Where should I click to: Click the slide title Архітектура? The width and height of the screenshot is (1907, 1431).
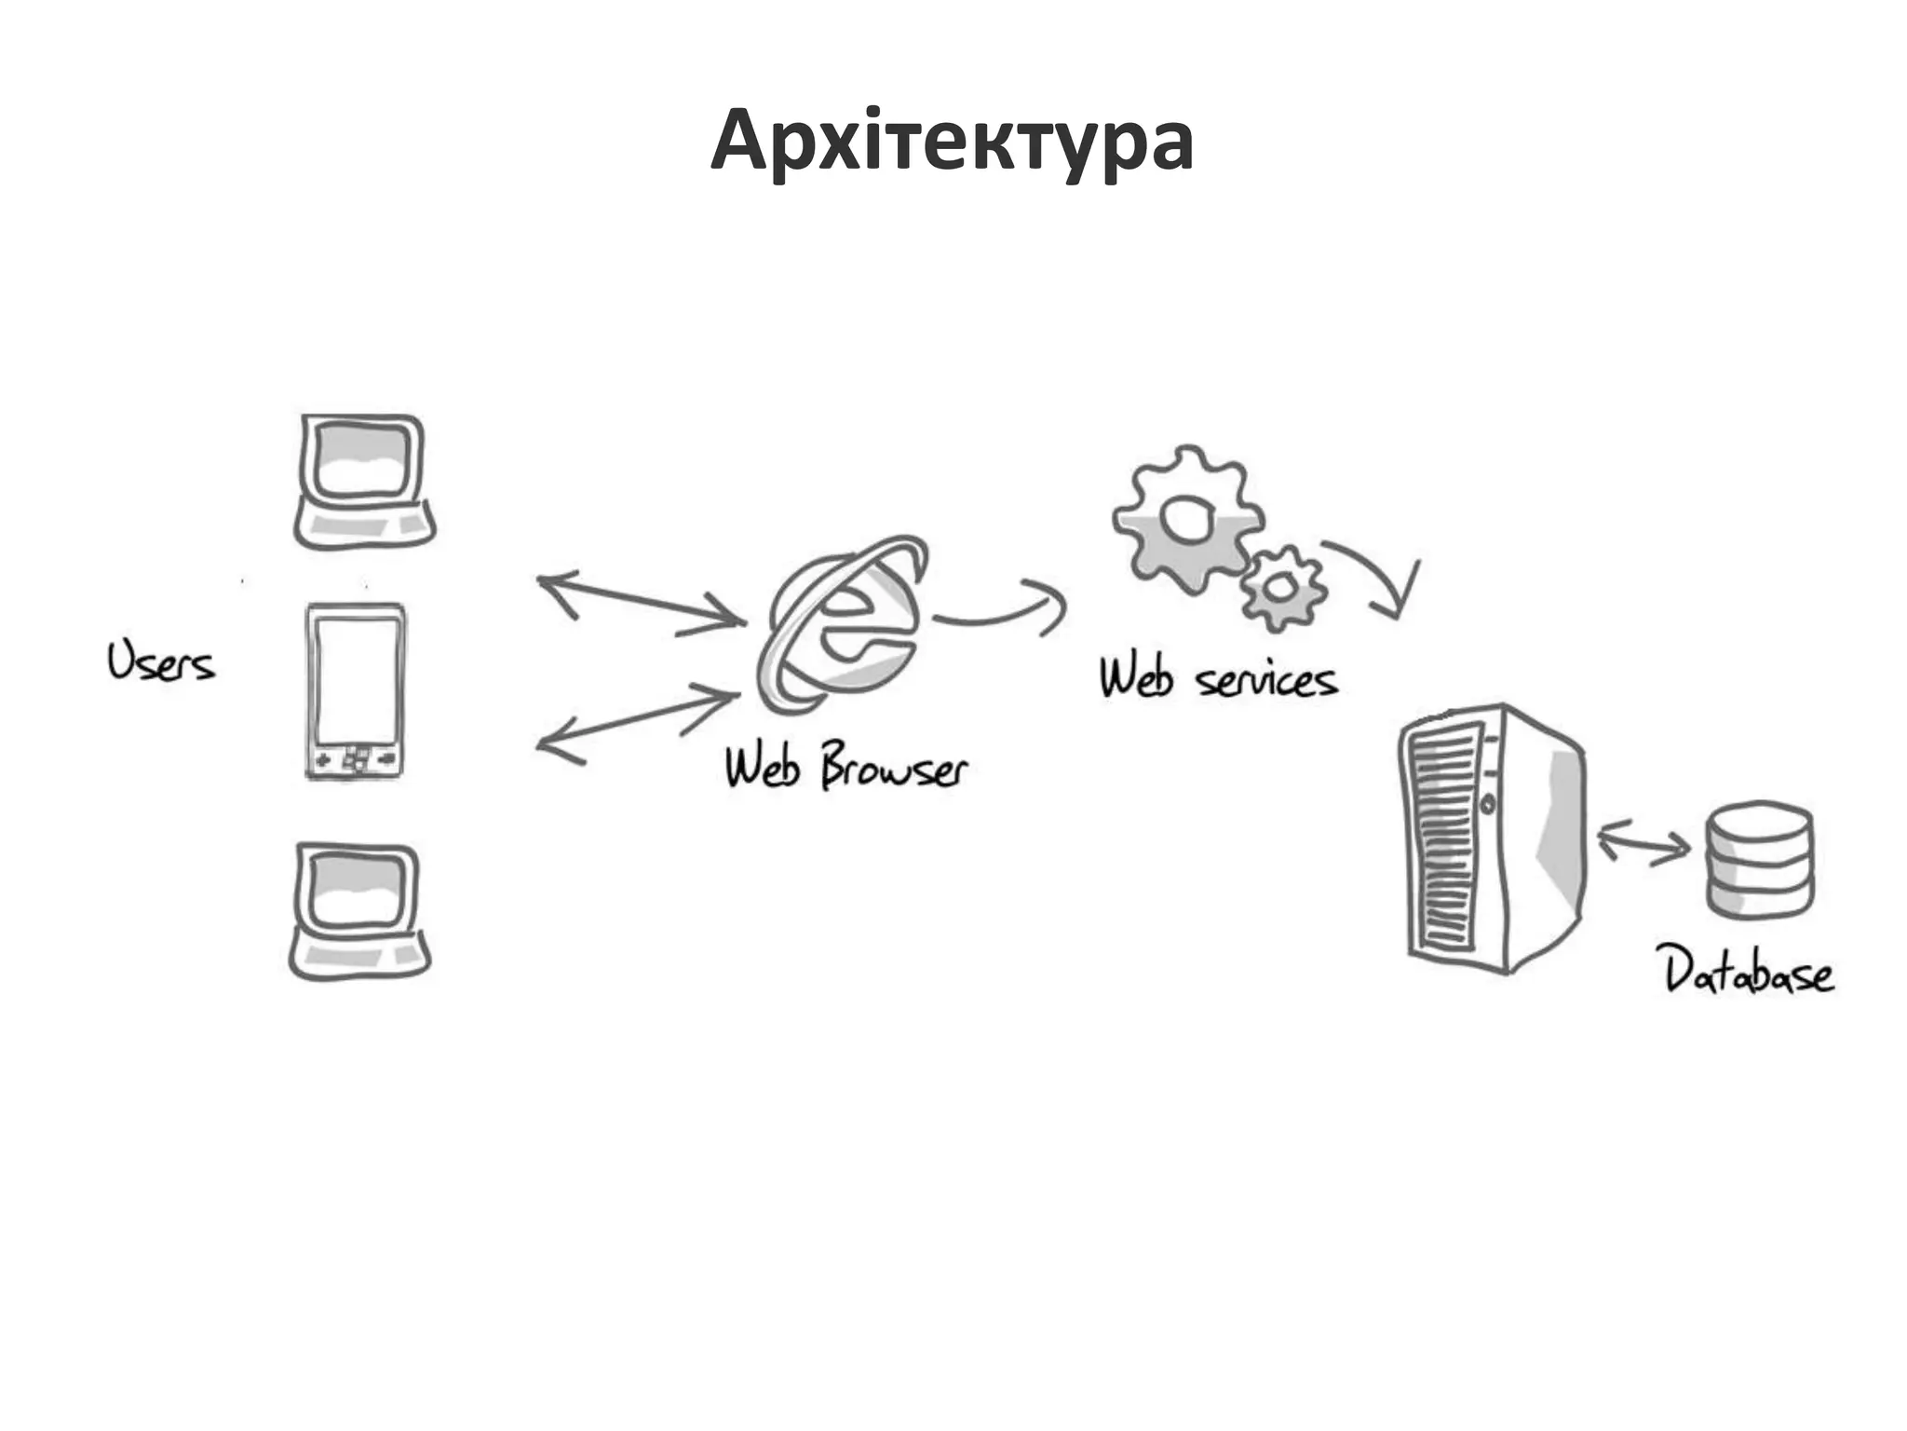pyautogui.click(x=952, y=142)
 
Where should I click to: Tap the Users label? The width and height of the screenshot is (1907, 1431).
pyautogui.click(x=160, y=662)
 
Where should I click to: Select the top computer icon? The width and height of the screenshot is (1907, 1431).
pyautogui.click(x=364, y=482)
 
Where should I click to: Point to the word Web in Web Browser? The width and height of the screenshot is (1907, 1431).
pyautogui.click(x=763, y=768)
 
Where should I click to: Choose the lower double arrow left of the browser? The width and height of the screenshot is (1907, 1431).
pyautogui.click(x=639, y=723)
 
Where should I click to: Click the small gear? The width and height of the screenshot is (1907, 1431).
pyautogui.click(x=1283, y=588)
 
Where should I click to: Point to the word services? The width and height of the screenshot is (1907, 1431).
pyautogui.click(x=1266, y=681)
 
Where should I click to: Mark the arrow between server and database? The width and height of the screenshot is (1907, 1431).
pyautogui.click(x=1643, y=843)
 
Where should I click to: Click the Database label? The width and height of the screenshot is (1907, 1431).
pyautogui.click(x=1749, y=973)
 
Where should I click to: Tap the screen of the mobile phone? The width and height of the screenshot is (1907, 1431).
pyautogui.click(x=356, y=680)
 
